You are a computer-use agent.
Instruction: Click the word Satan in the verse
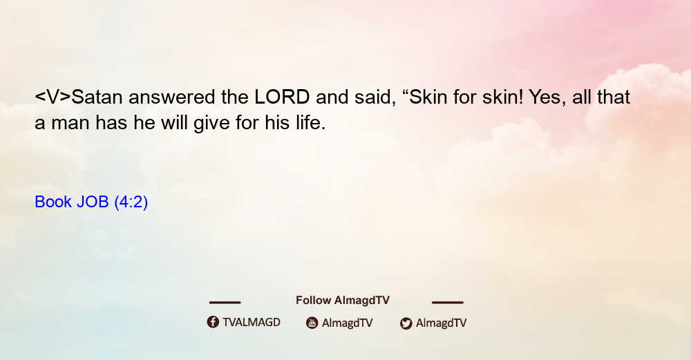point(97,97)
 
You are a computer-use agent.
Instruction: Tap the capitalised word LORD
point(282,97)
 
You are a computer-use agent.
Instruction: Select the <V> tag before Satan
point(53,97)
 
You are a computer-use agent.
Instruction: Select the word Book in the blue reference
point(53,202)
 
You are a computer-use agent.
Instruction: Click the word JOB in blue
point(93,202)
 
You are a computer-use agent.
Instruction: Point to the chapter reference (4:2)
point(131,202)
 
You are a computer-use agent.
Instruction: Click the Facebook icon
point(213,322)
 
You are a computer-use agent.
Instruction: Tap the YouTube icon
point(312,323)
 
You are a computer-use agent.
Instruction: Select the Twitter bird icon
point(406,323)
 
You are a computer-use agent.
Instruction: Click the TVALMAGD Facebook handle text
point(252,322)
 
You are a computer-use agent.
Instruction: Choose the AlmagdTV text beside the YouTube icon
point(348,323)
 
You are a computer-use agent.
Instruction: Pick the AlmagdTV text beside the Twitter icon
point(441,323)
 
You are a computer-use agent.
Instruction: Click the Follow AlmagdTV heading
point(343,300)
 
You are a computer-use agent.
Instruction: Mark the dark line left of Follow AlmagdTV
point(225,302)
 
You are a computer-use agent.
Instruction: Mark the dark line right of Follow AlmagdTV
point(448,302)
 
